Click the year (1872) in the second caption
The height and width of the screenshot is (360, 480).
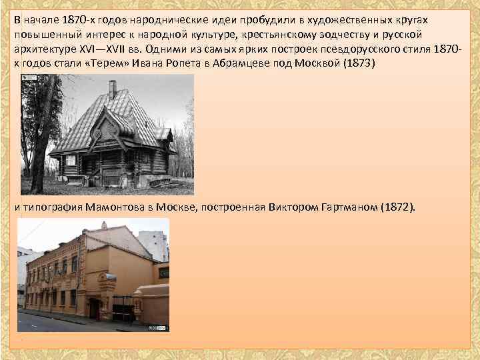[x=397, y=207]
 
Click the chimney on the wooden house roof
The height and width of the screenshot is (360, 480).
[x=113, y=89]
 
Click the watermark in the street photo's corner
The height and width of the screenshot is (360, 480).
[x=159, y=327]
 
